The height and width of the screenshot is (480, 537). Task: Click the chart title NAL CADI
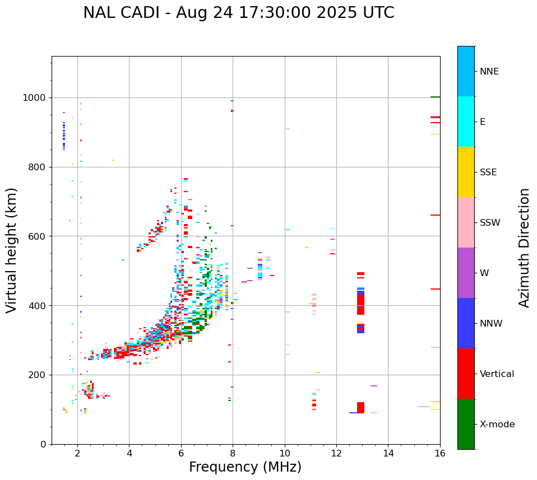tap(238, 13)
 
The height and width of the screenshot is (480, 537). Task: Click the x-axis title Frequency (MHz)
tap(245, 467)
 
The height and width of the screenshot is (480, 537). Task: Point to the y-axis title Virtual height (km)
tap(12, 250)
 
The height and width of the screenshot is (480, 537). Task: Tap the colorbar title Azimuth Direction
tap(524, 248)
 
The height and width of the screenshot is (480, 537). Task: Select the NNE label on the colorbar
tap(489, 72)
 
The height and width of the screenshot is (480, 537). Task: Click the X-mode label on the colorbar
tap(497, 425)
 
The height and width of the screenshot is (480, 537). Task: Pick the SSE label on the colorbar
tap(488, 173)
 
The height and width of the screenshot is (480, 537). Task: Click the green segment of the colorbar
tap(466, 424)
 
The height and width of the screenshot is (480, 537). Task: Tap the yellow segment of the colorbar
tap(466, 172)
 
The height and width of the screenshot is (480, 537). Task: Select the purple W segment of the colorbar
tap(466, 273)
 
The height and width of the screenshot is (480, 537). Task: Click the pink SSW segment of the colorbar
tap(466, 222)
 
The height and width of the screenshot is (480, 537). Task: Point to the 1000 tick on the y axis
tap(36, 97)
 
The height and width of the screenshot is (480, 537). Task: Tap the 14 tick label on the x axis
tap(388, 453)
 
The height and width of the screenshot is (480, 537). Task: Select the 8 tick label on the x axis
tap(233, 453)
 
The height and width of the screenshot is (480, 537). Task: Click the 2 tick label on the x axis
tap(77, 453)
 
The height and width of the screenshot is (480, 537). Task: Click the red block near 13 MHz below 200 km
tap(360, 408)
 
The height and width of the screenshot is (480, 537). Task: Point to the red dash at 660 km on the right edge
tap(435, 215)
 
